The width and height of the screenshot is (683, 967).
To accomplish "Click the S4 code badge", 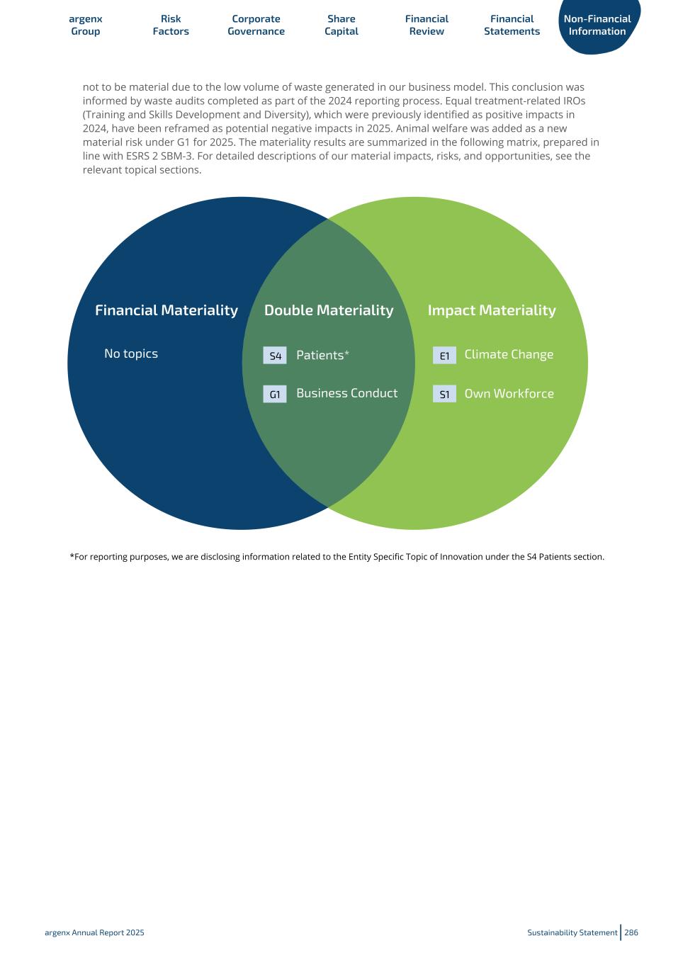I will click(x=275, y=356).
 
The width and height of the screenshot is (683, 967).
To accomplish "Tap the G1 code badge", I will click(x=275, y=395).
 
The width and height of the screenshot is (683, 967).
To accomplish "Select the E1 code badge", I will click(x=444, y=356).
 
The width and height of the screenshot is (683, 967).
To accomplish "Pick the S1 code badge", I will click(x=444, y=395).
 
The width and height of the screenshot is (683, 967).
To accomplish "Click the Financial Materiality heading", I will click(x=166, y=310).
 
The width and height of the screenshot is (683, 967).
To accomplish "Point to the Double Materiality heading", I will click(x=329, y=310).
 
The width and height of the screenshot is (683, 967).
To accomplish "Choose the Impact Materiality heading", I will click(x=492, y=310).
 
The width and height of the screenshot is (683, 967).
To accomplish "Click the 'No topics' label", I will click(x=131, y=354).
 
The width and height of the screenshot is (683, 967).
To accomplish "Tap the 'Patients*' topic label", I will click(x=322, y=355).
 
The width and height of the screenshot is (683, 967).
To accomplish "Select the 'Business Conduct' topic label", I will click(x=346, y=393).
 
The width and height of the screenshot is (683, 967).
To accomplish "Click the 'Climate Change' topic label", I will click(x=509, y=354).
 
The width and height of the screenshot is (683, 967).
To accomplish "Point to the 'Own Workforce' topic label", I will click(x=509, y=394).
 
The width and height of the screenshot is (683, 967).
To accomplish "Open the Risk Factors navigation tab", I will click(x=171, y=25).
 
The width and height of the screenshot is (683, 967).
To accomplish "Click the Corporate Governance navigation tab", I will click(x=256, y=25).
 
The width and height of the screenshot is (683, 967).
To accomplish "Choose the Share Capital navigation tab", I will click(x=341, y=25).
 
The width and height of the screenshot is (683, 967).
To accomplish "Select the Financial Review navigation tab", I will click(x=427, y=25).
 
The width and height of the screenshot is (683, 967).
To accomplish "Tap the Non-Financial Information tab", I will click(x=597, y=25).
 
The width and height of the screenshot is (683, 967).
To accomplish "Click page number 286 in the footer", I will click(x=631, y=932).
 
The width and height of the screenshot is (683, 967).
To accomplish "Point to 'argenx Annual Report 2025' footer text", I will click(x=94, y=932).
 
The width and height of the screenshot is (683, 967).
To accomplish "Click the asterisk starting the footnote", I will click(x=72, y=556).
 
